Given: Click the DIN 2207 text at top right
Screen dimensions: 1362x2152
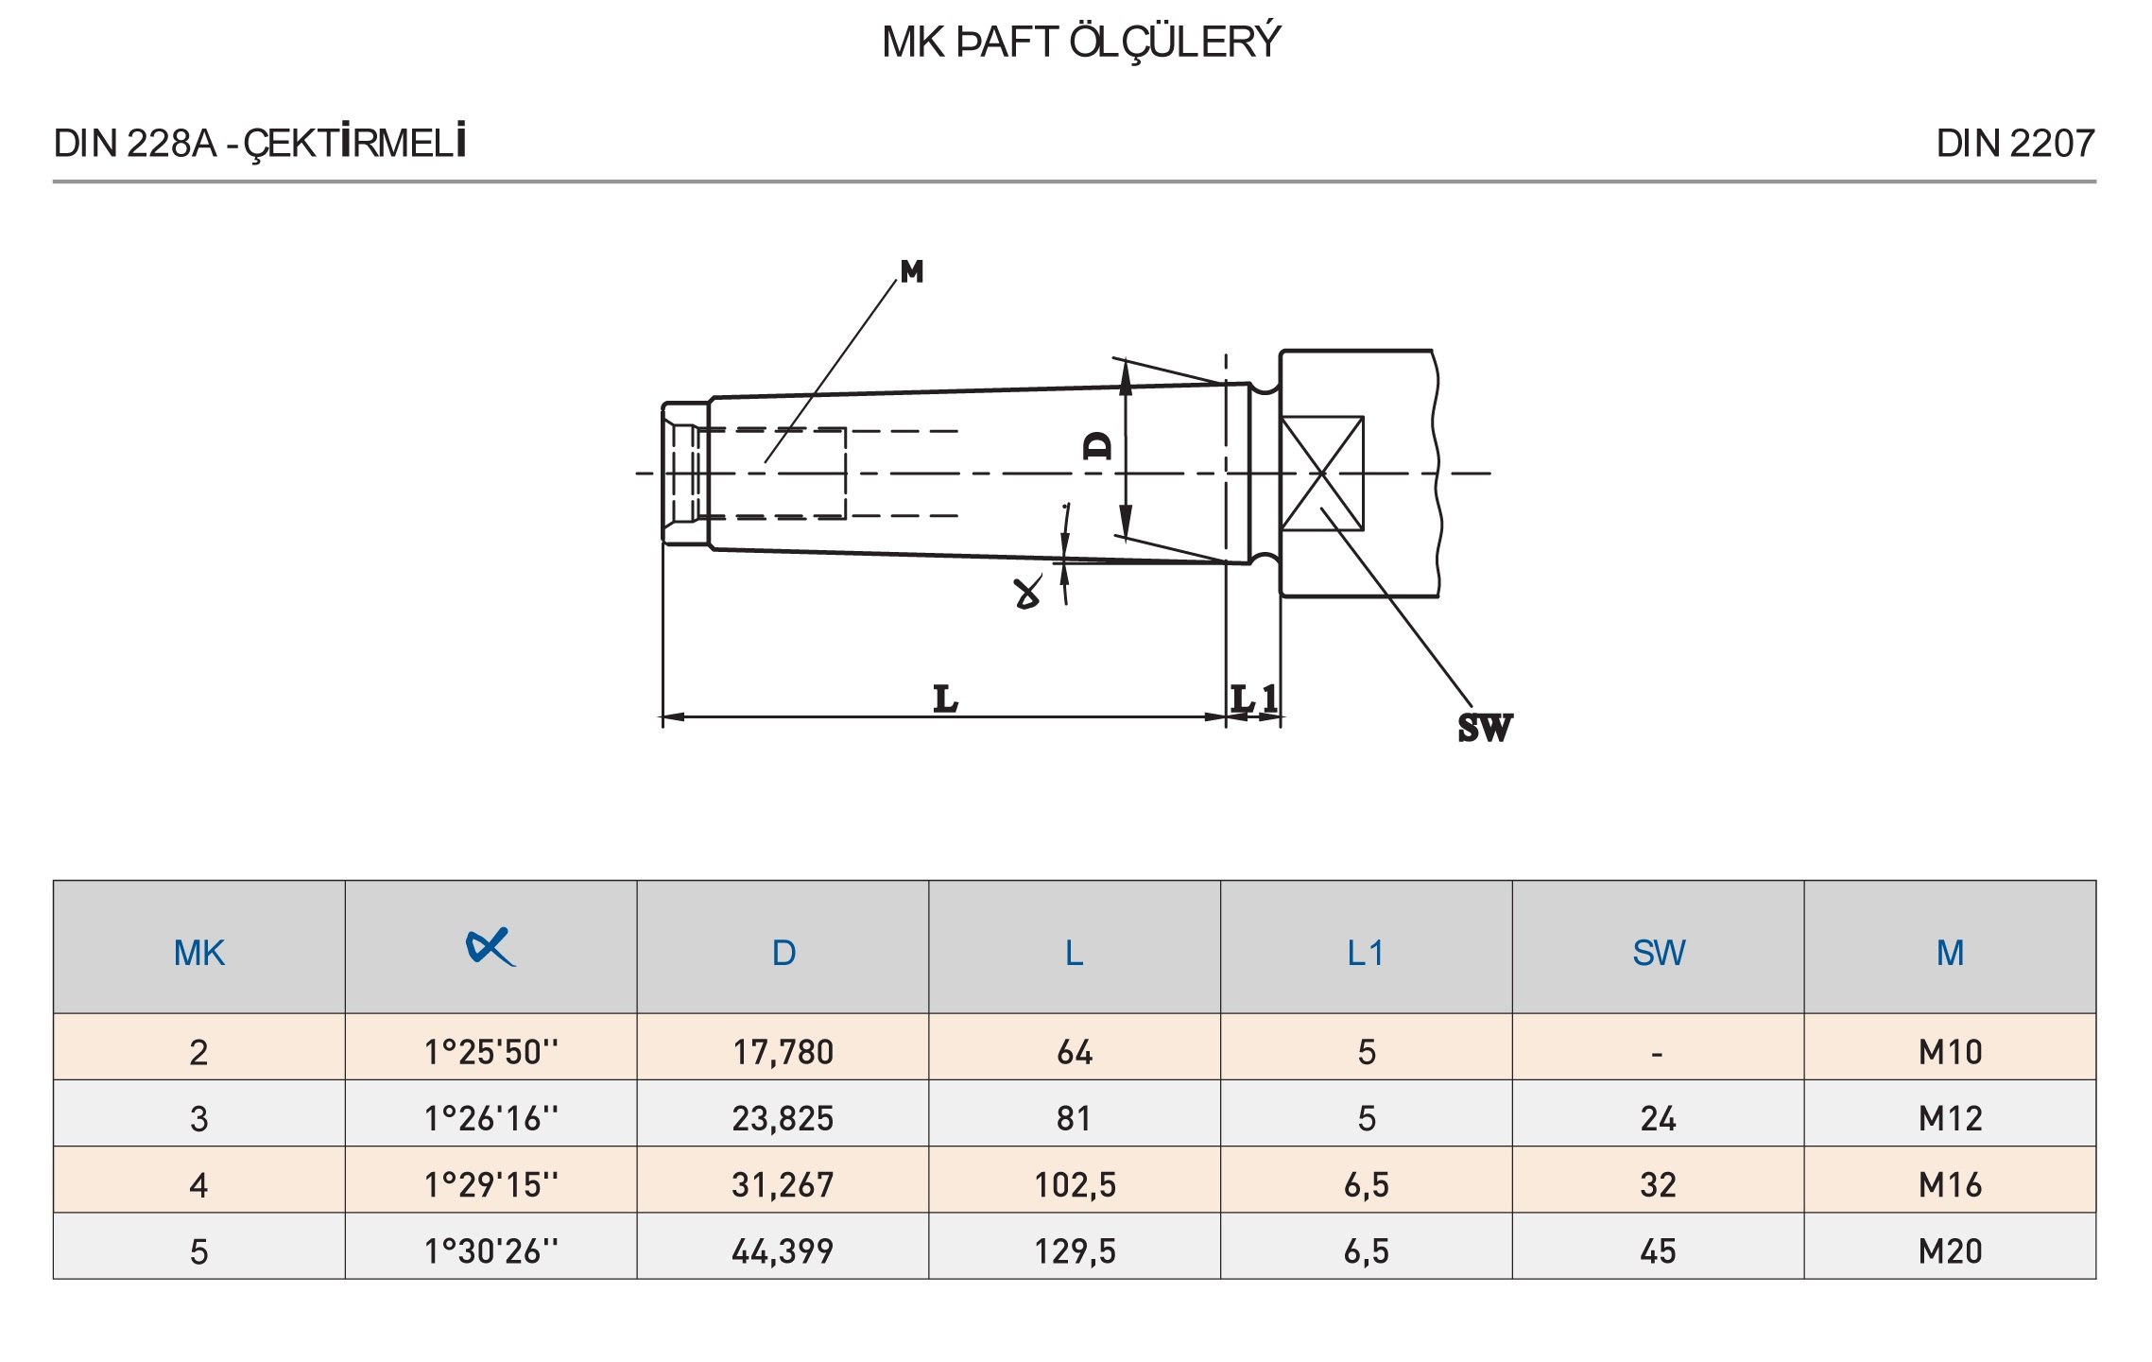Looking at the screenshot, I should [x=2015, y=144].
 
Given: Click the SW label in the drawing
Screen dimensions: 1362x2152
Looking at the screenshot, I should [x=1485, y=728].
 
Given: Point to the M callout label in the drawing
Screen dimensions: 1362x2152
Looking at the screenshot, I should [x=912, y=272].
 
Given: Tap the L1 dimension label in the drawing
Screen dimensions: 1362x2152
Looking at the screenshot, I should [x=1254, y=698].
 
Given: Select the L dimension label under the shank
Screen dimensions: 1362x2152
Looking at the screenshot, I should [x=945, y=698].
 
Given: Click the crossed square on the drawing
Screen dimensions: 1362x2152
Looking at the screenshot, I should [x=1321, y=473].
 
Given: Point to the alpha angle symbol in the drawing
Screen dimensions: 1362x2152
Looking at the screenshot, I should [x=1027, y=593].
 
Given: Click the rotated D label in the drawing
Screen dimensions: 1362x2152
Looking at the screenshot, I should [x=1098, y=444].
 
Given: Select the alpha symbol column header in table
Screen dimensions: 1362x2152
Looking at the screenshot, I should [x=491, y=947].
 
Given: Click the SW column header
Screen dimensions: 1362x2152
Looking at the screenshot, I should [x=1658, y=953].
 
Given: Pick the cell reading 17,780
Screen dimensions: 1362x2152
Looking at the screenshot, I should [x=783, y=1052].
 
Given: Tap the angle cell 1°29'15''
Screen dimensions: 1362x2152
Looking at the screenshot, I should [x=491, y=1184].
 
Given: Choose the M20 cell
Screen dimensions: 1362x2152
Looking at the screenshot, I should [x=1949, y=1251].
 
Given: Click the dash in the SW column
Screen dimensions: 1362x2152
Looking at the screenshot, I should [x=1657, y=1053].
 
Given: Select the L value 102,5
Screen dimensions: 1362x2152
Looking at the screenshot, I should [x=1075, y=1184].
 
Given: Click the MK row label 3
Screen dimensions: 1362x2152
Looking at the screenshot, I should [x=198, y=1119].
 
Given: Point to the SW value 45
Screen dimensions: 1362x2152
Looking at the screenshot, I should [x=1658, y=1251].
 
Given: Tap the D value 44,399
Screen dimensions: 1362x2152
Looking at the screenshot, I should [x=783, y=1251].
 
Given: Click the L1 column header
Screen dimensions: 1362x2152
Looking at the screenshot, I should [x=1366, y=953].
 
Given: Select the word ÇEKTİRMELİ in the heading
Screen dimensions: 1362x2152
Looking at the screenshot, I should [x=355, y=142].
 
